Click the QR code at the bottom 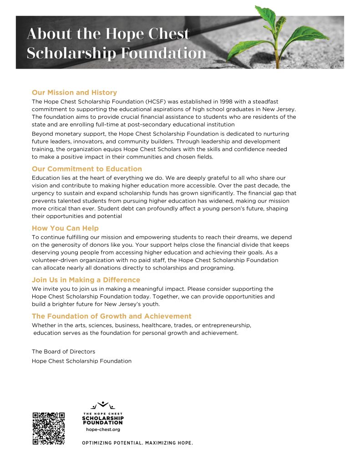[x=49, y=428]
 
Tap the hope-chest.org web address [x=103, y=429]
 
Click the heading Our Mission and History [x=74, y=92]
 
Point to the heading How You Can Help [x=65, y=228]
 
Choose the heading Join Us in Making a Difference [x=86, y=280]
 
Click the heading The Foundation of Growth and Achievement [x=112, y=316]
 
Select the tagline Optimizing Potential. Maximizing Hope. [x=137, y=443]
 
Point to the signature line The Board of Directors [x=63, y=351]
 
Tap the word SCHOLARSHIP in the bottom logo [x=103, y=418]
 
